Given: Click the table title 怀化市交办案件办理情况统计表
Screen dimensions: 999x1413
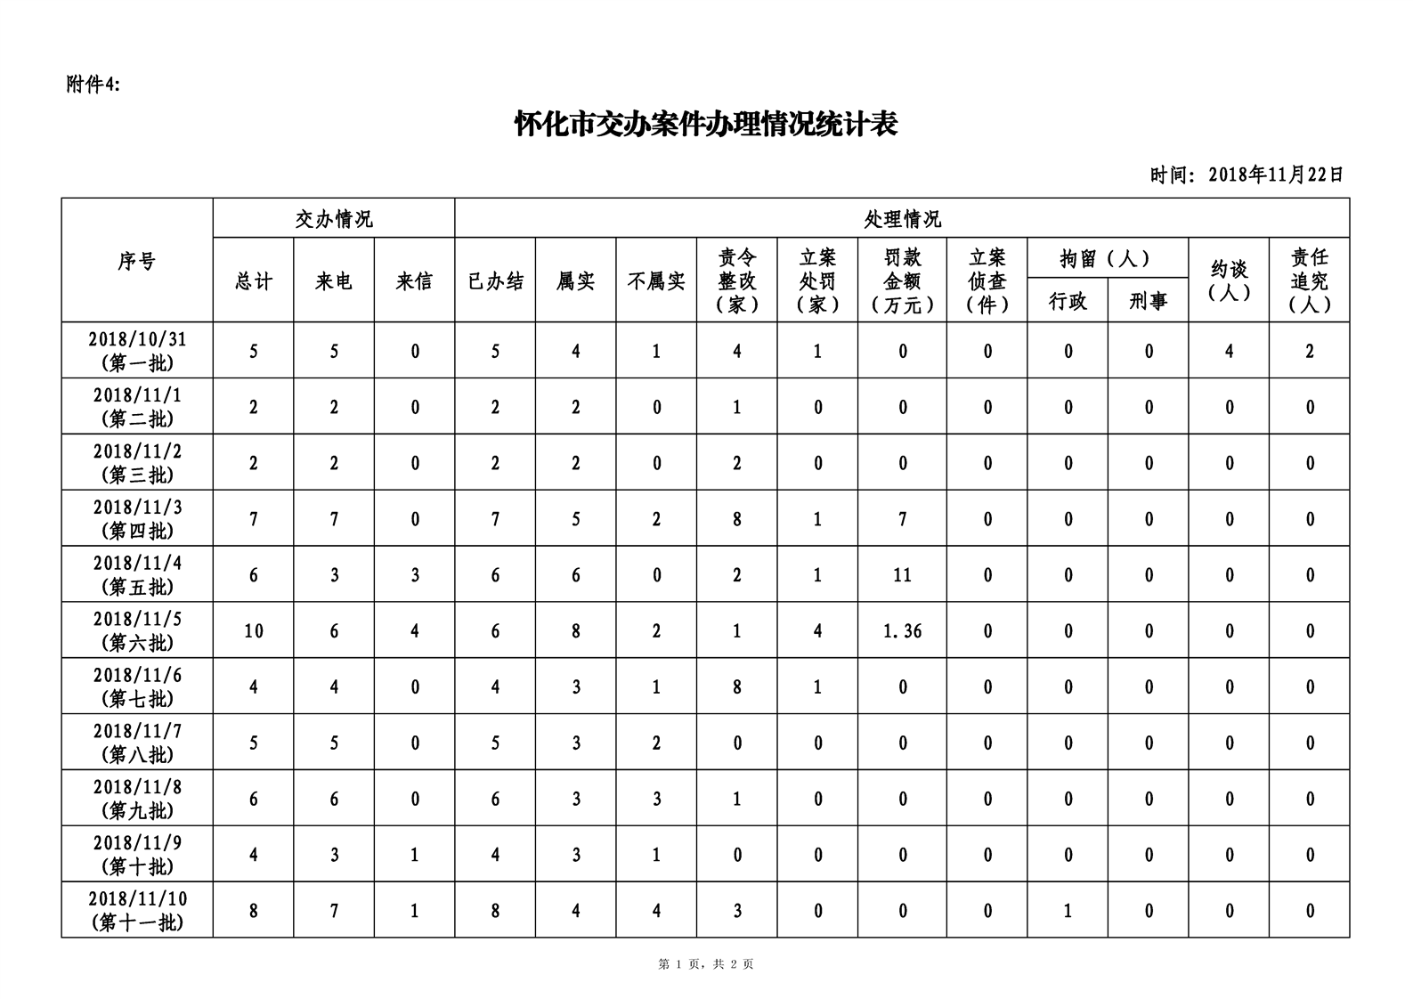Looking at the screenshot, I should [706, 125].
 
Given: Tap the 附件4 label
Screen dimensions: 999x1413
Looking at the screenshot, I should [93, 85].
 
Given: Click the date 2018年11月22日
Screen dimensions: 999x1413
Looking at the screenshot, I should [1275, 175].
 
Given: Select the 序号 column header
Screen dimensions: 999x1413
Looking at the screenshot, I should [137, 261].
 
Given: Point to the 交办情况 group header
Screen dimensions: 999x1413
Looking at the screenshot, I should [334, 219].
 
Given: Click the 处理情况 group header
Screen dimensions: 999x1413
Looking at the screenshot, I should [902, 219].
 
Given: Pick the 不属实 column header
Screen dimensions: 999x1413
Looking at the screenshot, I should [656, 281].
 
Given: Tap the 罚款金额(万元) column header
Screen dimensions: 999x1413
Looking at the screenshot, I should [902, 281].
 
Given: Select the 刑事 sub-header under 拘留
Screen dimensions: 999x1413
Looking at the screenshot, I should [1149, 301].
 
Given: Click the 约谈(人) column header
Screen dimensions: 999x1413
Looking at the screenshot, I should [1229, 281].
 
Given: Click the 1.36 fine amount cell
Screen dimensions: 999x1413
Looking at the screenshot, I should [902, 631].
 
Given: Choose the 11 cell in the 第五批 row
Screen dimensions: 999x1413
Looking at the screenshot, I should [902, 575].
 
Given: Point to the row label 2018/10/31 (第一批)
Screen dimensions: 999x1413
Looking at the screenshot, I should [137, 351].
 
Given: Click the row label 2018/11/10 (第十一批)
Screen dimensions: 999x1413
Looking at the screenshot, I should [137, 910].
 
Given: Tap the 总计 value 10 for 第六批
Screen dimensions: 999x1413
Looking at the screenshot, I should [254, 631].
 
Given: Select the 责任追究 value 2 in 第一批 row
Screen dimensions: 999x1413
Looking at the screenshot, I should [1310, 351].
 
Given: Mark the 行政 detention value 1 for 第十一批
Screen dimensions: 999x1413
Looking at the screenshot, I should [1068, 910].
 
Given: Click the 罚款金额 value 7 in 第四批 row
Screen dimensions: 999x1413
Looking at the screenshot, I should [902, 519].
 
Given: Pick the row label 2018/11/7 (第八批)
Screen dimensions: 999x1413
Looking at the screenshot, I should [137, 743].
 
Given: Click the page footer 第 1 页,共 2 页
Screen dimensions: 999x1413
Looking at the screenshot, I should [706, 963].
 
